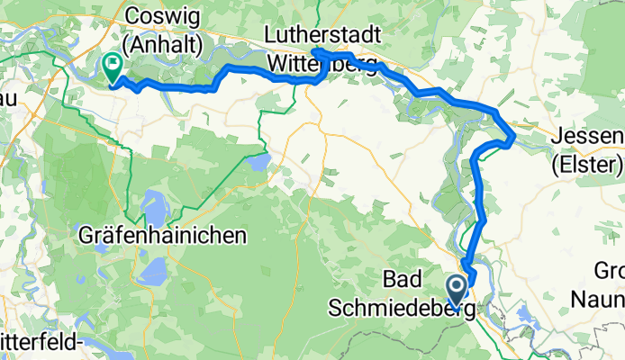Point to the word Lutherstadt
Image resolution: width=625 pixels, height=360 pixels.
(321, 33)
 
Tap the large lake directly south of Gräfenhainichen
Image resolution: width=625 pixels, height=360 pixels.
(153, 267)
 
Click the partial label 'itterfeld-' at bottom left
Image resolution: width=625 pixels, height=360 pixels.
(42, 343)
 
